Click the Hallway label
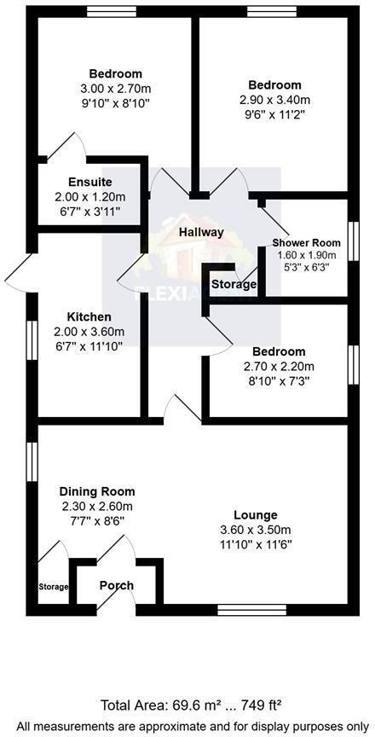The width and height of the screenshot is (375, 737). [201, 232]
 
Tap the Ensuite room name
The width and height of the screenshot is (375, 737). [89, 182]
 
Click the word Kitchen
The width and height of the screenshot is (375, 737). [89, 316]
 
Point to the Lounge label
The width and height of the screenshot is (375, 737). [256, 515]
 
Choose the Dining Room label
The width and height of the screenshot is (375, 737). [96, 491]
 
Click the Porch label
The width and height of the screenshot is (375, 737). [117, 585]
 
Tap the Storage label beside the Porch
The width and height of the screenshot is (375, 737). [52, 587]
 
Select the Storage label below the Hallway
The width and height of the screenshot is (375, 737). [234, 284]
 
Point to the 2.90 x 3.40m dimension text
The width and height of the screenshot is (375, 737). [274, 100]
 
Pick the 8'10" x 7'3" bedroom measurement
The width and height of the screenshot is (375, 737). [279, 381]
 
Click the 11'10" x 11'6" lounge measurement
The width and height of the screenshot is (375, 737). [256, 544]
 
